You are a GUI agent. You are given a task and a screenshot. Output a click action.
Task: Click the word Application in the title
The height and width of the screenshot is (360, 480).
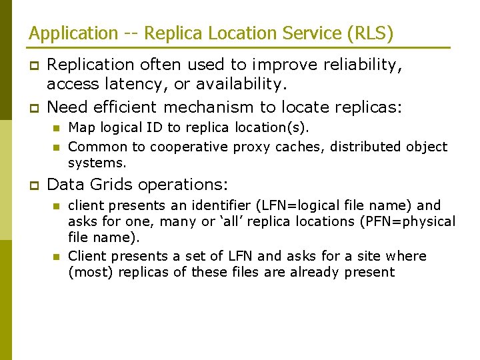(63, 33)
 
